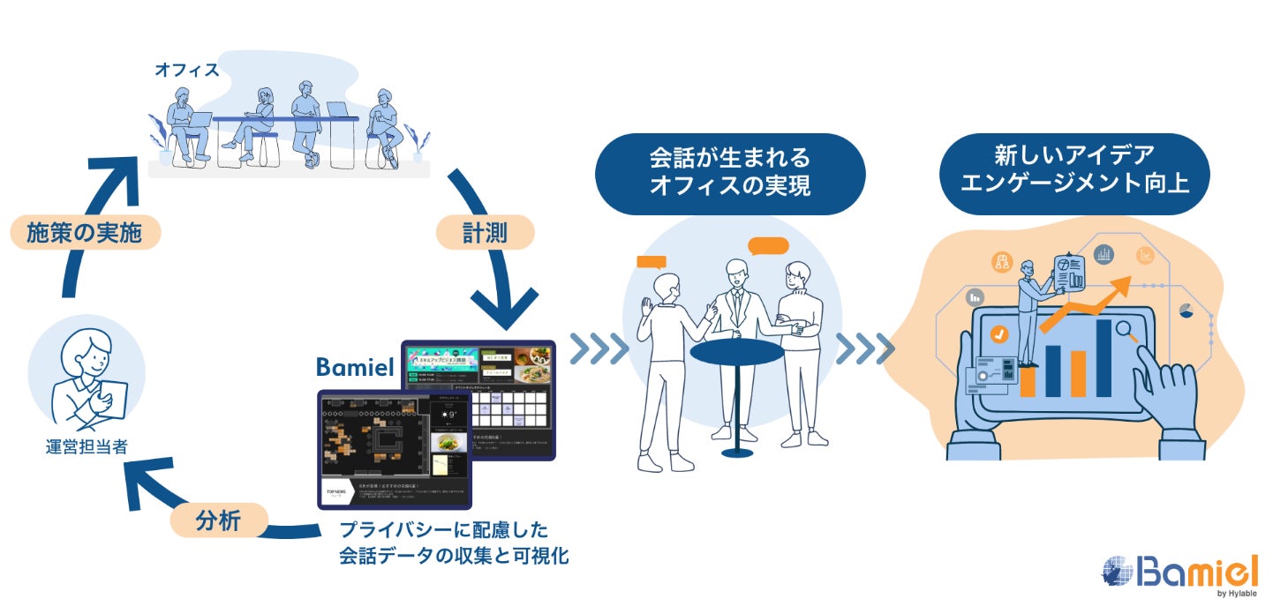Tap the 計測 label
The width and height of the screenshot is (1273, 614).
pos(485,233)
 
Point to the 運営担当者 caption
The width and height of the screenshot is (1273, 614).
pos(86,447)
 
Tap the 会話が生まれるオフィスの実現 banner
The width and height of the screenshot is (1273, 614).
pos(729,174)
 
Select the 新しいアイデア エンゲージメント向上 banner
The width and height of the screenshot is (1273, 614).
pos(1073,173)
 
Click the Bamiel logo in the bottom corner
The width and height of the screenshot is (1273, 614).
pos(1179,574)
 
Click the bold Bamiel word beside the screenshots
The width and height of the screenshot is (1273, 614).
pos(355,368)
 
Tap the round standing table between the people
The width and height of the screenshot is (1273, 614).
pos(736,353)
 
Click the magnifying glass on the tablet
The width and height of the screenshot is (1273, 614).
pos(1128,332)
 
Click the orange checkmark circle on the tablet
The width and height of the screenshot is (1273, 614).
pos(999,334)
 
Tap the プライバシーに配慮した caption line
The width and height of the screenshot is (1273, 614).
pos(444,531)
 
